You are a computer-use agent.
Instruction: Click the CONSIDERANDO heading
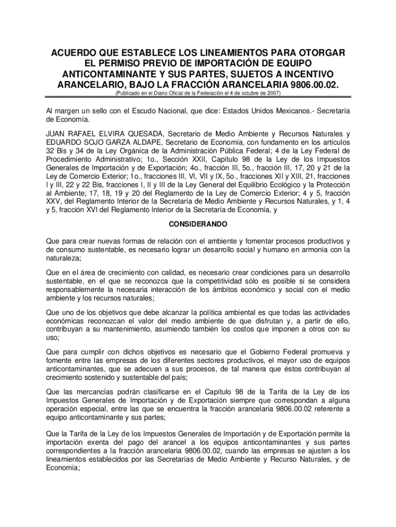pyautogui.click(x=198, y=225)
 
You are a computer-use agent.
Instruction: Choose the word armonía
pyautogui.click(x=315, y=250)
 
